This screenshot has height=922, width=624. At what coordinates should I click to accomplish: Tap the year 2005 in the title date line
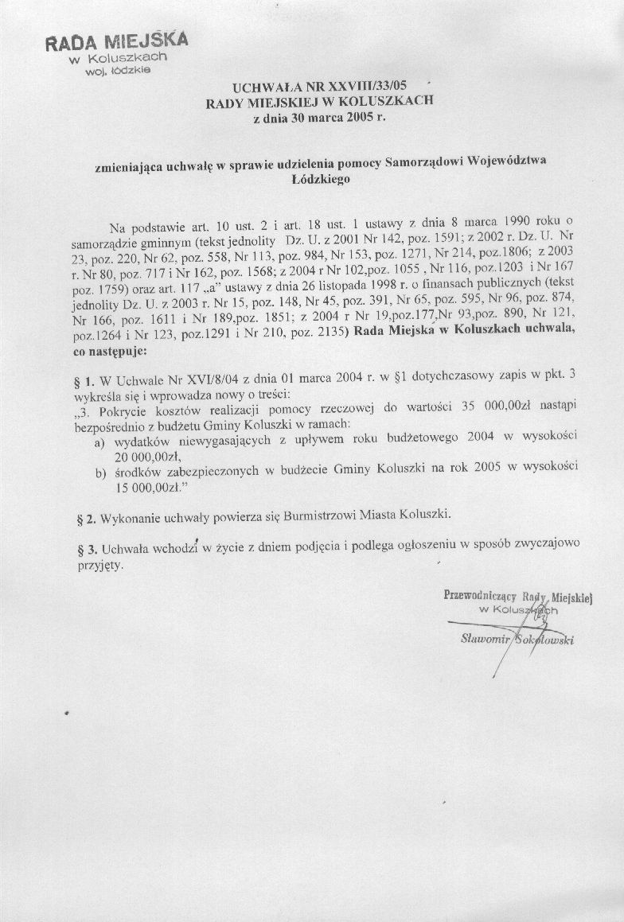[x=357, y=119]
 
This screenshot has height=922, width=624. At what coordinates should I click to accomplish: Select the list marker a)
[x=101, y=440]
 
